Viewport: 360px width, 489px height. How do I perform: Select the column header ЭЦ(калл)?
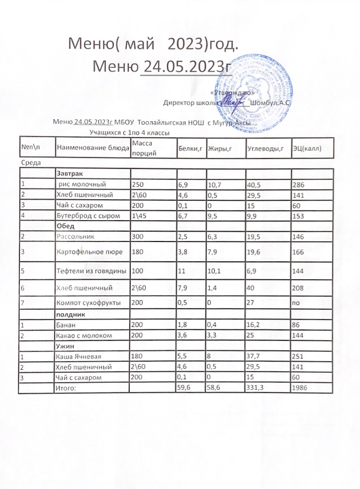(x=306, y=148)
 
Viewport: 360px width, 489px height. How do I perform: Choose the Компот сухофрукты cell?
(x=89, y=303)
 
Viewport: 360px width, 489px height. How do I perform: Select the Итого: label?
(x=68, y=388)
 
